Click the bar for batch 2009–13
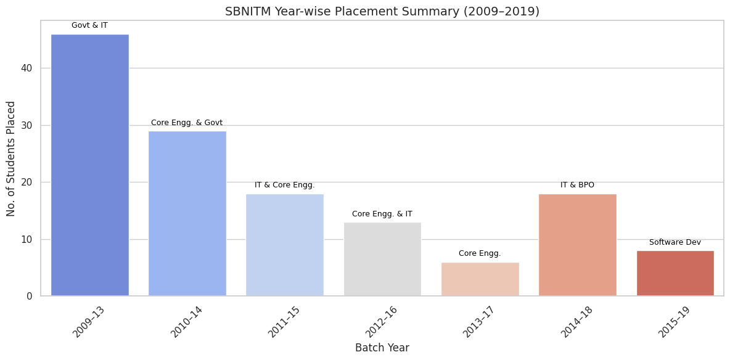point(90,165)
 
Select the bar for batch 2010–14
point(187,213)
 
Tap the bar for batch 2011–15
point(285,245)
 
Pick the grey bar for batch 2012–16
point(382,259)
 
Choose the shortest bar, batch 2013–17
point(480,279)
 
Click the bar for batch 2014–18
point(578,245)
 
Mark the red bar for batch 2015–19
point(675,273)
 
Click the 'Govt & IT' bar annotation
point(90,25)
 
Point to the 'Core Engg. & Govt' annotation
point(187,123)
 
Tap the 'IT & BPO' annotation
point(578,185)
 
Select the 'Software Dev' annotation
point(675,242)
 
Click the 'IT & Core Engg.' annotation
point(285,185)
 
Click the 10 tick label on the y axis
point(27,239)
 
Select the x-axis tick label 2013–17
point(477,321)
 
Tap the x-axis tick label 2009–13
point(88,321)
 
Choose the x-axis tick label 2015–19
point(673,321)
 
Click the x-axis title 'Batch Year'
point(382,348)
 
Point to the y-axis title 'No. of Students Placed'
point(11,158)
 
